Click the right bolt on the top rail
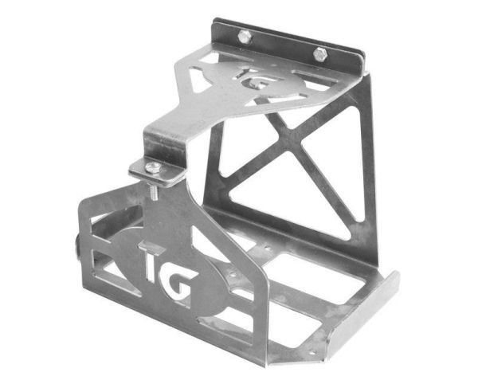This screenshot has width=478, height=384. point(320,53)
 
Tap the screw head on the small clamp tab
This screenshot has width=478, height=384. point(151,166)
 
